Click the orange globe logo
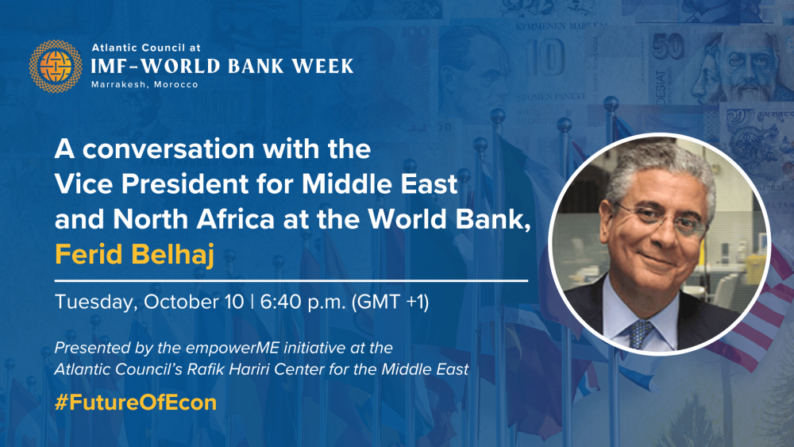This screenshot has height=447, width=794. coord(56,67)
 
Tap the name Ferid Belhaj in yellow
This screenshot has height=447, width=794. coord(135,255)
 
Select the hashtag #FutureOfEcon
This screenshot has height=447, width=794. coord(136,403)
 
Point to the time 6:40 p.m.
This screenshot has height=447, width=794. coord(303,302)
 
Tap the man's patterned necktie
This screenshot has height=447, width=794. coord(641,333)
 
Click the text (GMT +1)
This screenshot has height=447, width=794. coord(390,302)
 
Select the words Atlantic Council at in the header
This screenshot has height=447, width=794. coord(146,48)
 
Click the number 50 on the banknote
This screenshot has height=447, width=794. coord(668,48)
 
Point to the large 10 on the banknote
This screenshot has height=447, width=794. coord(545,58)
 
